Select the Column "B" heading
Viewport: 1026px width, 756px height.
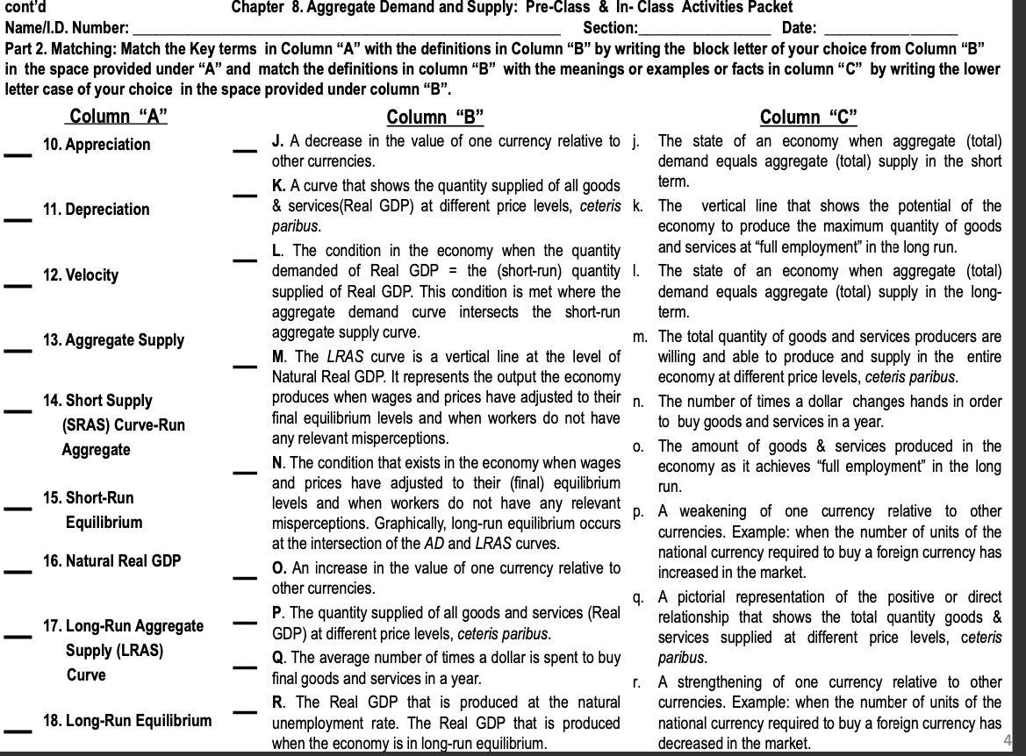click(x=434, y=117)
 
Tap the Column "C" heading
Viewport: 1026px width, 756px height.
click(x=808, y=117)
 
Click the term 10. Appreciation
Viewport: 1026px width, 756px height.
click(x=97, y=145)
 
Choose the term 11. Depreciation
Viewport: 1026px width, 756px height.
click(x=97, y=210)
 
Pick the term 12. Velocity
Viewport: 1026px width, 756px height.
click(x=81, y=275)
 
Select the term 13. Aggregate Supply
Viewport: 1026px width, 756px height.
click(x=113, y=340)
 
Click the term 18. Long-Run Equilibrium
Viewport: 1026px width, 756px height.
click(x=127, y=721)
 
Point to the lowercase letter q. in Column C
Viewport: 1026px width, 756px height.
click(x=638, y=600)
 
